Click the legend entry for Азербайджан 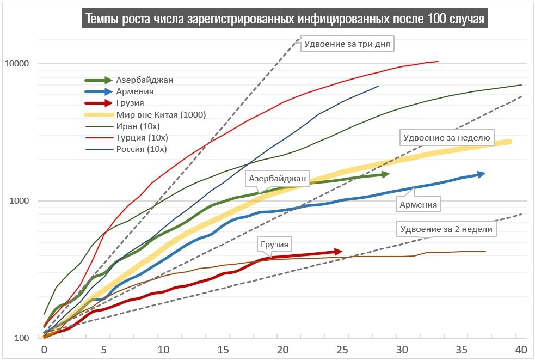pos(144,80)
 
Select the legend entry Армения pos(134,91)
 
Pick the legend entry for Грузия pos(130,103)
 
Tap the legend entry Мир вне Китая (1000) pos(161,114)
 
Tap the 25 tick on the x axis pos(342,349)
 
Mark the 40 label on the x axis pos(520,349)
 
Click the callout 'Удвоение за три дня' pos(347,44)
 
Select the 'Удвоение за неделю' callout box pos(447,138)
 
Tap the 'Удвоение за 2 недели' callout pos(446,229)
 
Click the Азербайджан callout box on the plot pos(278,178)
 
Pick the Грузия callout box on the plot pos(274,245)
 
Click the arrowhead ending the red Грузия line pos(338,251)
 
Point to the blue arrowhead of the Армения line pos(481,174)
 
